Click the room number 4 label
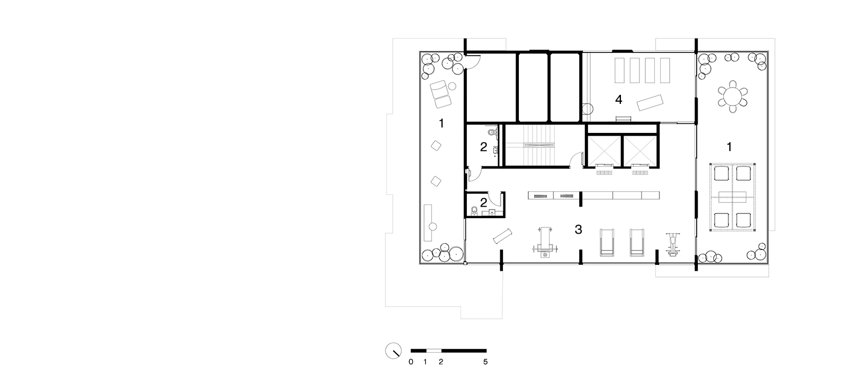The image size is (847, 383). coord(619,100)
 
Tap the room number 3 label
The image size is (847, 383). coord(578,229)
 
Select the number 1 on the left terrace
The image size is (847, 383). coord(441,123)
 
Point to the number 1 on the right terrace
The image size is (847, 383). coord(729,147)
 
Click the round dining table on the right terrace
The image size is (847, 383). coord(733,96)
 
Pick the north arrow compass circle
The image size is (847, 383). coord(393,351)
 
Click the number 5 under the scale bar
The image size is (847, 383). coord(485,362)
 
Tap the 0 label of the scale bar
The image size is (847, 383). coord(411,362)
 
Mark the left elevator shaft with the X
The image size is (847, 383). coord(604,150)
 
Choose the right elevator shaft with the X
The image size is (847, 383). coord(640,150)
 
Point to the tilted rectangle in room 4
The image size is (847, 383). coord(650,103)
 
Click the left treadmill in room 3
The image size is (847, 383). coord(607,243)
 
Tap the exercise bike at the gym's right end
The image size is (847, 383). coord(673,245)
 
